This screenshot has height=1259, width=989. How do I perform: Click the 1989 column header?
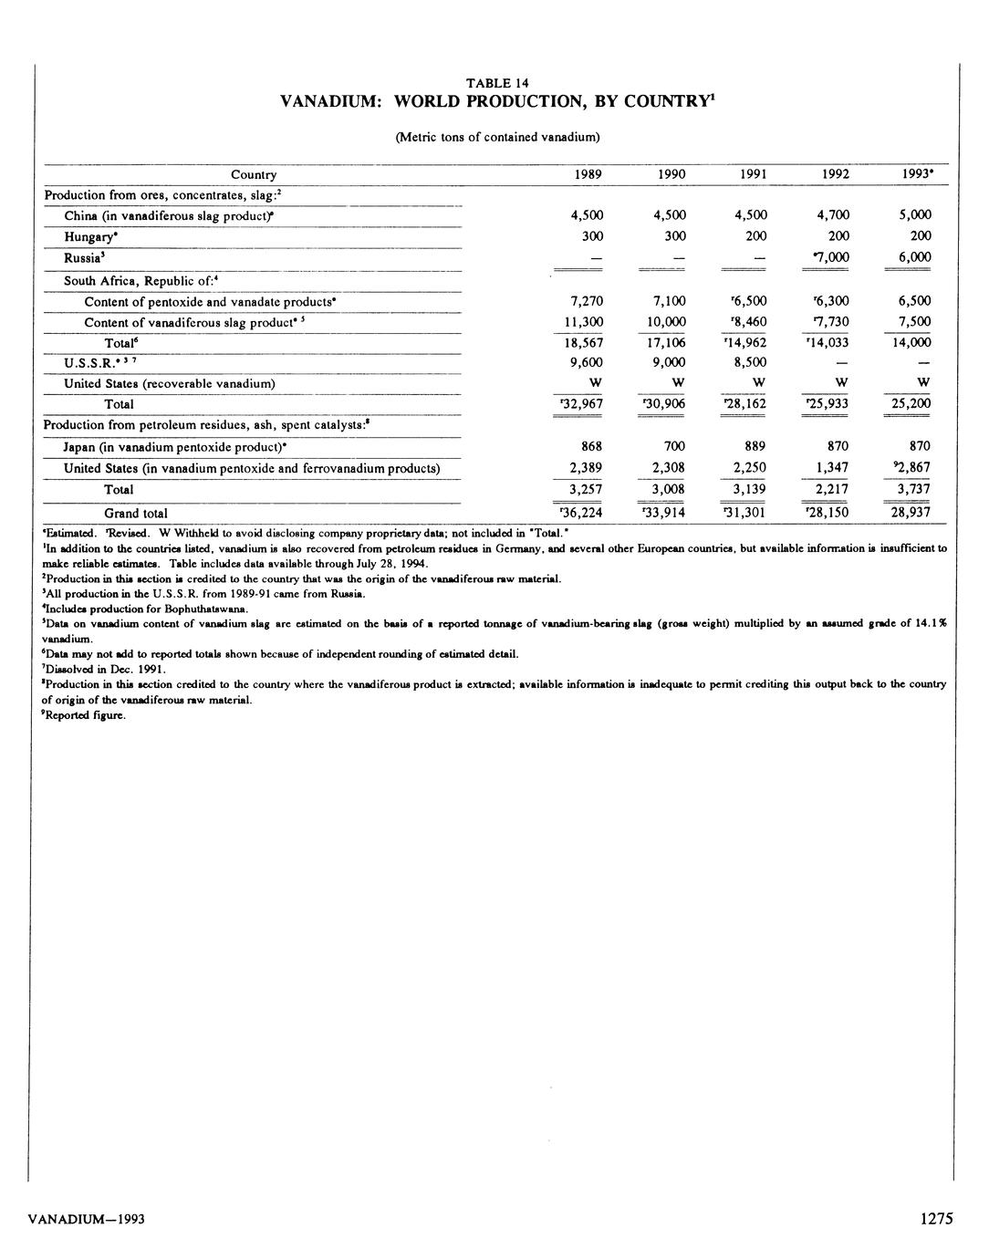click(x=587, y=174)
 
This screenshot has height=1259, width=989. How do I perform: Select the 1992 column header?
click(x=836, y=174)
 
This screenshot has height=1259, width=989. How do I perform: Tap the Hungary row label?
click(x=89, y=236)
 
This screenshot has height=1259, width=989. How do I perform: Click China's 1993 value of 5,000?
click(x=915, y=215)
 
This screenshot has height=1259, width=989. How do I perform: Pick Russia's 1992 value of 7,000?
click(x=830, y=257)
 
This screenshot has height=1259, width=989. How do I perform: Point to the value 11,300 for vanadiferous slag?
click(x=584, y=322)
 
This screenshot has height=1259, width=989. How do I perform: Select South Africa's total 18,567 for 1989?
click(x=584, y=342)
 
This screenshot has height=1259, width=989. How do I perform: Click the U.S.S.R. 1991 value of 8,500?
click(x=751, y=362)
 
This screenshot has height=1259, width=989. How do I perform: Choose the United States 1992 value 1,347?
click(x=833, y=468)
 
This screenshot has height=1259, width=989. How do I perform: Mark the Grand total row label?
click(x=136, y=514)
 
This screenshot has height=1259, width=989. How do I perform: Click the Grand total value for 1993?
click(x=911, y=513)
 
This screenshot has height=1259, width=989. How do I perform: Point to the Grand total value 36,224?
click(x=583, y=513)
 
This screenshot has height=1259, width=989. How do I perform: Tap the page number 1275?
click(x=936, y=1218)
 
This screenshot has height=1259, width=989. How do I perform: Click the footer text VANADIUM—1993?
click(x=87, y=1219)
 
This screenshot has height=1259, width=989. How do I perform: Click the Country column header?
click(x=254, y=174)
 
